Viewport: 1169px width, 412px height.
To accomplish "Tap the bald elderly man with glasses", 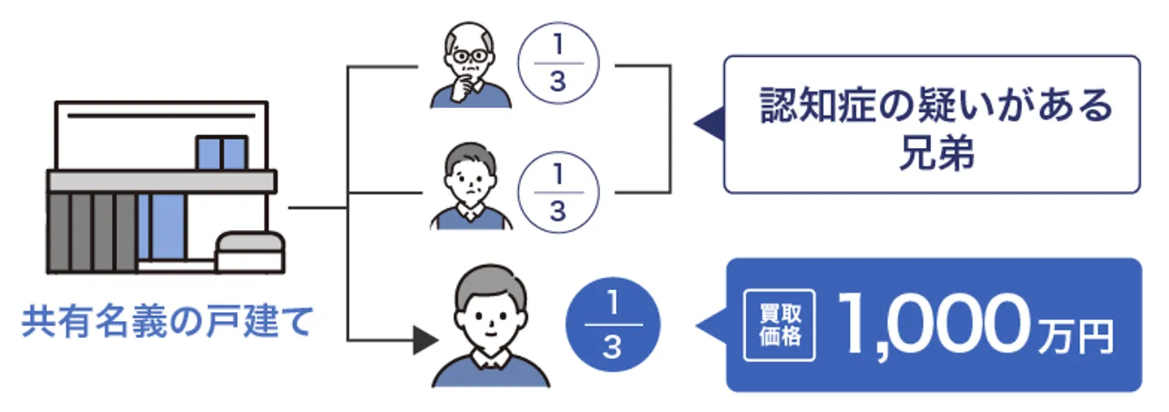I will [472, 68].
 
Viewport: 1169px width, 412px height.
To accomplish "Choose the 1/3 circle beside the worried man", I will [557, 193].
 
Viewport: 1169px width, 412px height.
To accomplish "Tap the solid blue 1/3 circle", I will [613, 324].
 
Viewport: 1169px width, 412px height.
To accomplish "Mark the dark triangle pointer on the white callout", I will [709, 124].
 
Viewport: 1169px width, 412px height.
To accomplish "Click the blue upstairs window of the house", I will [221, 153].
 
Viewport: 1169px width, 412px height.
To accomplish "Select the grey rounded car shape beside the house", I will [250, 251].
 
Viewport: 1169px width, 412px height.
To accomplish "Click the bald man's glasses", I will [471, 58].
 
